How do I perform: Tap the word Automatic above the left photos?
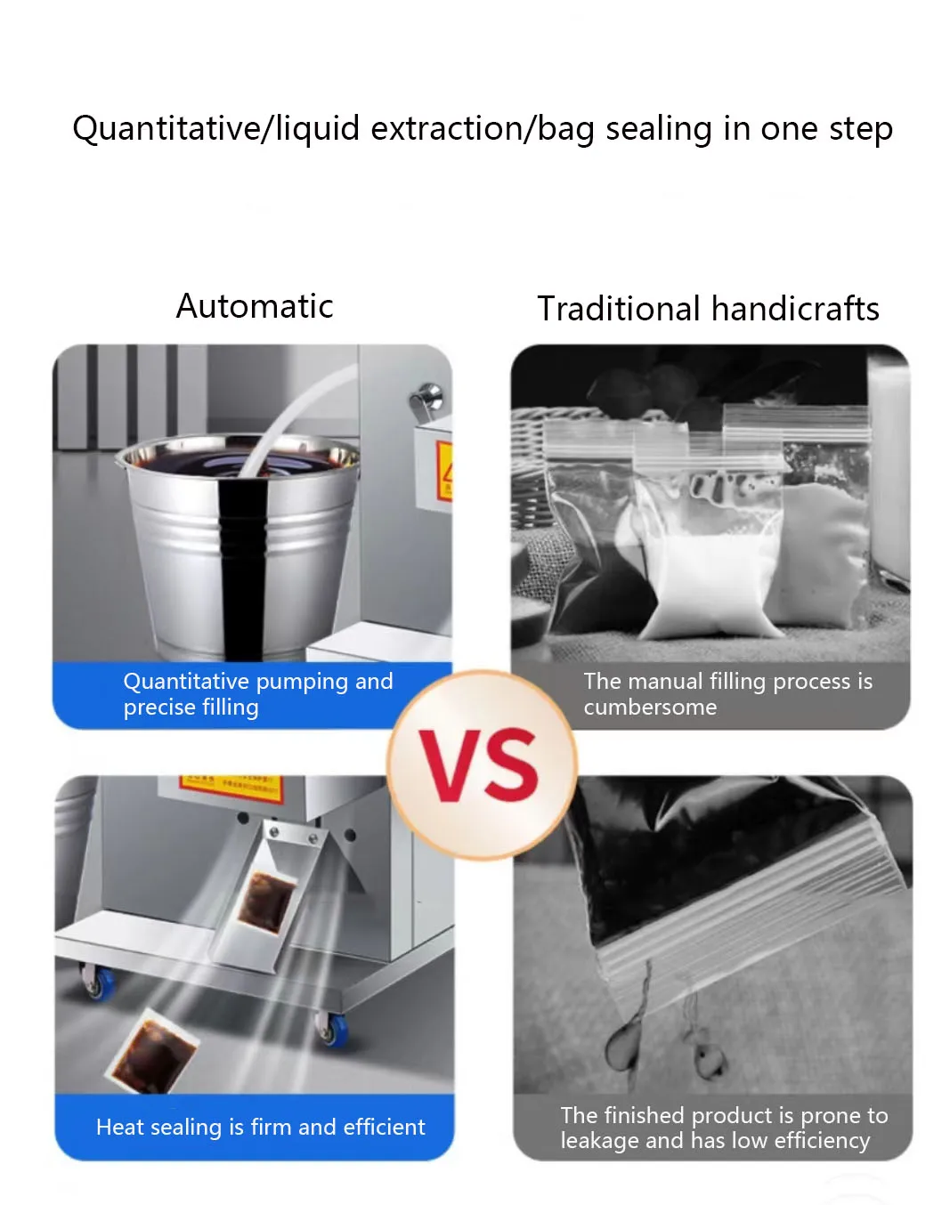255,306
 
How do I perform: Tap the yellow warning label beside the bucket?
444,472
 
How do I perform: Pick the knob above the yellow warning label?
427,397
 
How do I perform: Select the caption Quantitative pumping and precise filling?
257,694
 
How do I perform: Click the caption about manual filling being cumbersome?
727,694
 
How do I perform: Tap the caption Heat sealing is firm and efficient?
260,1127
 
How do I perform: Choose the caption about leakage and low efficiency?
724,1128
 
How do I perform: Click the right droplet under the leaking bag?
709,1056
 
